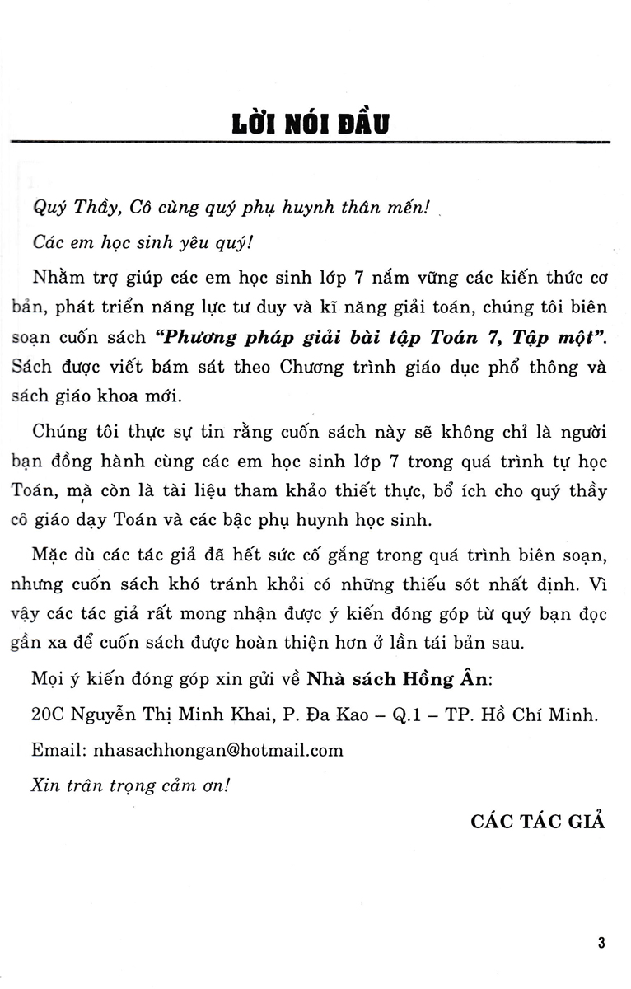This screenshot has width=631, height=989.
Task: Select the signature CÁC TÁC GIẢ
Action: (538, 821)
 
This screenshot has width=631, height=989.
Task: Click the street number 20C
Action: (48, 715)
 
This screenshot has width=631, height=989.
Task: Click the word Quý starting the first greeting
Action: (46, 208)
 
